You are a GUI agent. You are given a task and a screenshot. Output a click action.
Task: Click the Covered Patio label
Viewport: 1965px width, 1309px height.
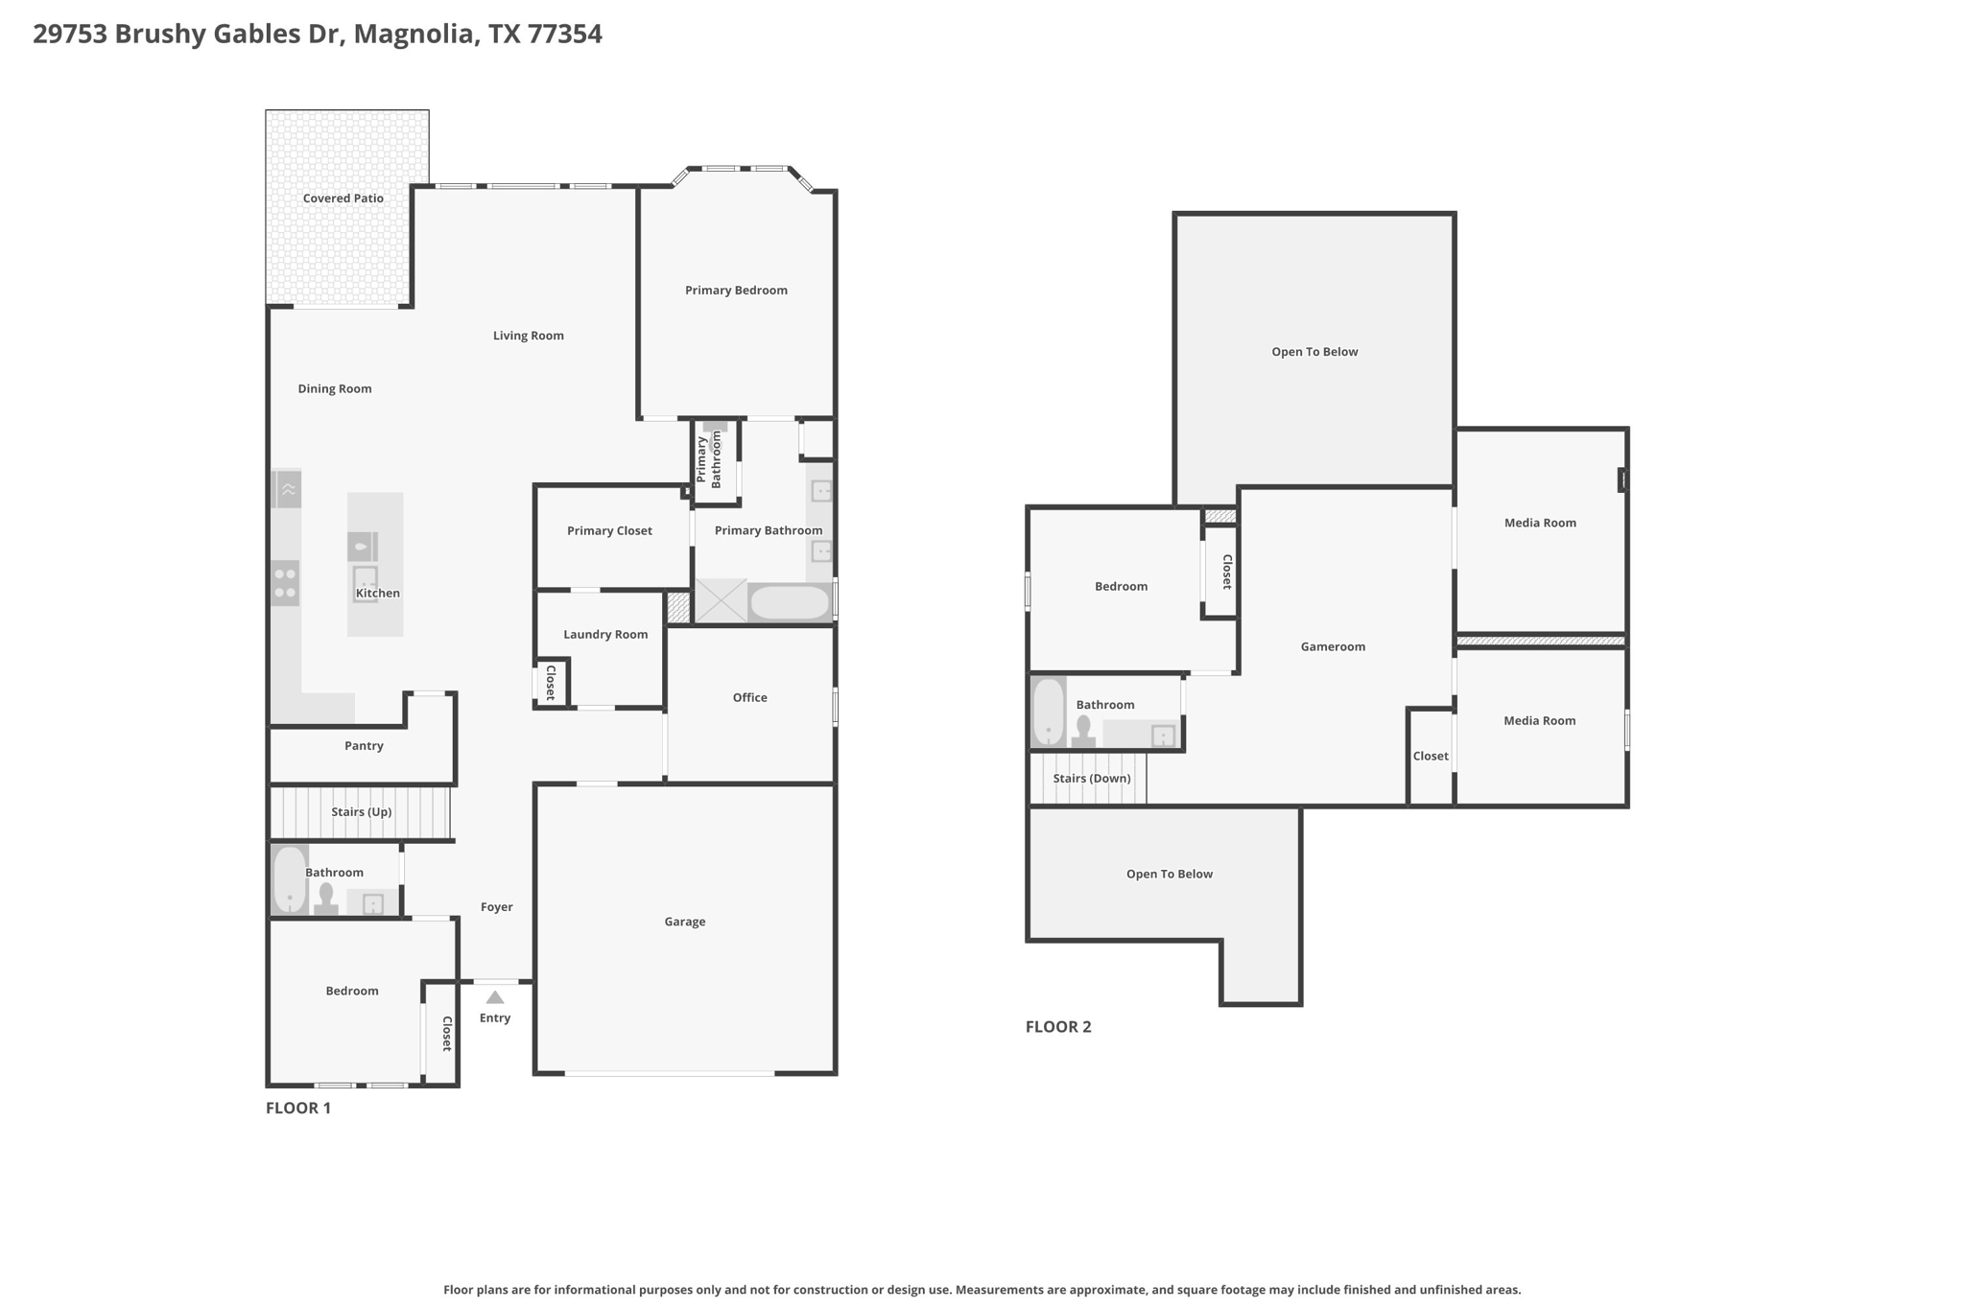(343, 199)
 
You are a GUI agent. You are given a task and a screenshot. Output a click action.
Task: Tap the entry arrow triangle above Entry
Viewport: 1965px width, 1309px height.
(495, 997)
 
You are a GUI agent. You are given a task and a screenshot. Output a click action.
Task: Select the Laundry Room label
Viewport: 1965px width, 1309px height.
(605, 634)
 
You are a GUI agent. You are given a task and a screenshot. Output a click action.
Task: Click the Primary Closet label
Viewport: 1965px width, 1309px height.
(609, 530)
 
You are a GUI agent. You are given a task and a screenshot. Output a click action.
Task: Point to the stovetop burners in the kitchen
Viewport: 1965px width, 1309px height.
(285, 583)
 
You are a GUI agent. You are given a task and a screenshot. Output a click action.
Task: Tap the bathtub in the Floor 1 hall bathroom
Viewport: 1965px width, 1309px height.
(289, 879)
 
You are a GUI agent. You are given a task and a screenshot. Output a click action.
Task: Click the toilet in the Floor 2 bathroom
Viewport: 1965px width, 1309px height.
(1084, 731)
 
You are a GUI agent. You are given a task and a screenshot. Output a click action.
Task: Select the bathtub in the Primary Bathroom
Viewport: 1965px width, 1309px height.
(789, 602)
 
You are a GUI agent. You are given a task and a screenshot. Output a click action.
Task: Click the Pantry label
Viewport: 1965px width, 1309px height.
(364, 746)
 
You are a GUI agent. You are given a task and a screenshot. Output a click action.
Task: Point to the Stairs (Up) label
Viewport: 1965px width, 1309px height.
(361, 812)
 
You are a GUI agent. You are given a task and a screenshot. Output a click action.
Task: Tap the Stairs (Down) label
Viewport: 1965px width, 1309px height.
(1092, 779)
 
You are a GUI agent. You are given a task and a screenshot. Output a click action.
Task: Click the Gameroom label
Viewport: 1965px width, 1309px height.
(1333, 647)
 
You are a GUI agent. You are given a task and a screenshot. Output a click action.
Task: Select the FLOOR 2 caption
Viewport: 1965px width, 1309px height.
(1058, 1027)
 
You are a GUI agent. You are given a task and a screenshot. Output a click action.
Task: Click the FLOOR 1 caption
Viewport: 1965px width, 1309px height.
(298, 1109)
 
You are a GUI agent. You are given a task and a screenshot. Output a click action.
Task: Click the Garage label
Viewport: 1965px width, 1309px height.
(685, 923)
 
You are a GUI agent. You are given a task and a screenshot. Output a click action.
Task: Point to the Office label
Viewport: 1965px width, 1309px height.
(749, 698)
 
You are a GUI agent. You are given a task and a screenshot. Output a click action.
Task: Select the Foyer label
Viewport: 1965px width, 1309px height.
(497, 907)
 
